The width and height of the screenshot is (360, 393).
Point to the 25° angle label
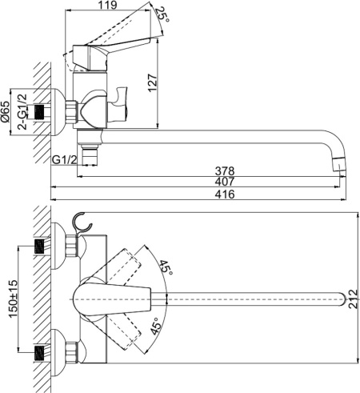pyautogui.click(x=162, y=14)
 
